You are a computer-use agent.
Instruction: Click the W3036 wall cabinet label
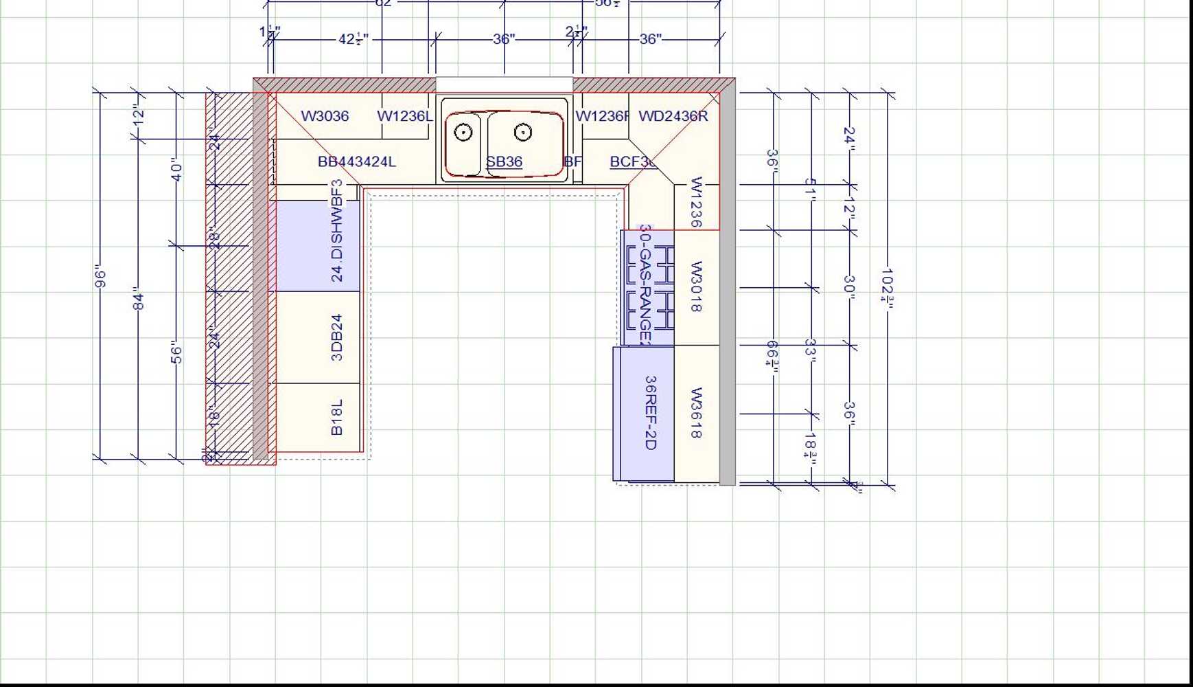[325, 116]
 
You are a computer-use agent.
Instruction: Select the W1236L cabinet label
[405, 116]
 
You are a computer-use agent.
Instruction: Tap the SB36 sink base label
[505, 162]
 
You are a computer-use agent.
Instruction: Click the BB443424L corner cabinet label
[356, 162]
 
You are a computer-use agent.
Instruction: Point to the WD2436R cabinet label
[673, 116]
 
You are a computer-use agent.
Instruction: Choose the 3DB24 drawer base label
[337, 337]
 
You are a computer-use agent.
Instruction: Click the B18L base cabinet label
[337, 417]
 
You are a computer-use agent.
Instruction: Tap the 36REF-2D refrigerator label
[651, 412]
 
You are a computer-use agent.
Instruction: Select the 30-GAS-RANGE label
[645, 284]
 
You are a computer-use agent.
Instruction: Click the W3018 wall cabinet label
[696, 286]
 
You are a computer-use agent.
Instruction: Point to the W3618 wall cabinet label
[696, 413]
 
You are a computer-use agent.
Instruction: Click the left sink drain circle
[463, 132]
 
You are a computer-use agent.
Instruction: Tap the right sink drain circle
[523, 132]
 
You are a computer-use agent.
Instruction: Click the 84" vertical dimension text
[139, 299]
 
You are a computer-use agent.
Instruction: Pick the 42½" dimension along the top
[353, 39]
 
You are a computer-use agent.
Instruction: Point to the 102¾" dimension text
[888, 288]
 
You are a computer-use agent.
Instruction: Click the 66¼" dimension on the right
[773, 357]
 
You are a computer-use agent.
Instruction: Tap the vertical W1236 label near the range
[696, 202]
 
